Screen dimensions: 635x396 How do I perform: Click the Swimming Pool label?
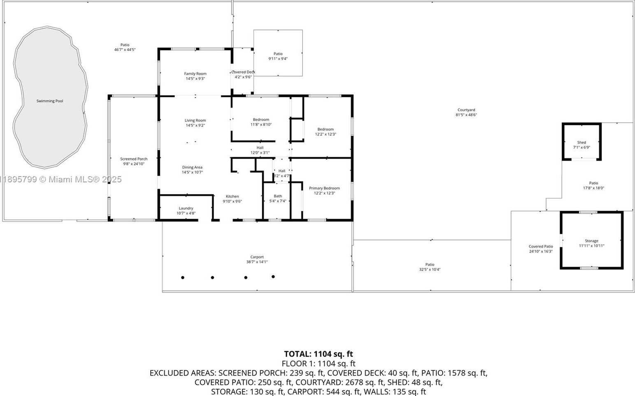pos(50,101)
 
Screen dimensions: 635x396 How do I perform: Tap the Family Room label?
pos(195,74)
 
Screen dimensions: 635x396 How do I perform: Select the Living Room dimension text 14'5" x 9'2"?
pos(195,125)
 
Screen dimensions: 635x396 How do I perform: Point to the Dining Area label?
pos(192,167)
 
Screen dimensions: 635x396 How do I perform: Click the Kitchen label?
pos(232,196)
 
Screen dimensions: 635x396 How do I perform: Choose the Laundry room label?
pos(186,208)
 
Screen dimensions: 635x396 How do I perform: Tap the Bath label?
pos(278,196)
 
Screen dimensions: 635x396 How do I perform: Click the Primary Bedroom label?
pos(324,188)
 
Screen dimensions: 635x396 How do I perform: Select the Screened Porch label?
pos(134,159)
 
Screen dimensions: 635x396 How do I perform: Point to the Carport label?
pos(257,257)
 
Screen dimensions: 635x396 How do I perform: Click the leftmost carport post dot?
pos(183,277)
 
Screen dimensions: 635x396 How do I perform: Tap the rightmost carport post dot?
pos(273,277)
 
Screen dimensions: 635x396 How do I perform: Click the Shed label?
pos(582,142)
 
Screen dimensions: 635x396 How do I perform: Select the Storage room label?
pos(592,241)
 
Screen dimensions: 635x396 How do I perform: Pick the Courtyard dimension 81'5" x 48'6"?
pos(466,115)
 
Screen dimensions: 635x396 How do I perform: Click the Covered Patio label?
pos(541,247)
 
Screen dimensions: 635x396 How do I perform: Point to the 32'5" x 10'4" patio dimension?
pos(430,270)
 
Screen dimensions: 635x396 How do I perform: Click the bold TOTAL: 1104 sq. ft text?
pos(319,354)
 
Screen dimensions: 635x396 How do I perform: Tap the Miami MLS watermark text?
pos(61,179)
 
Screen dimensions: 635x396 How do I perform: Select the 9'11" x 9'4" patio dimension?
pos(278,59)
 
